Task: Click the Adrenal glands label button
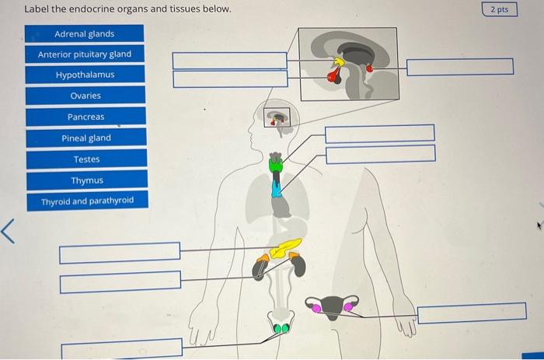pos(85,33)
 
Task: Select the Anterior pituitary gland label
pos(85,54)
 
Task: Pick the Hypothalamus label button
pos(85,75)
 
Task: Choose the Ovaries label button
pos(85,96)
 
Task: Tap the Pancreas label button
pos(85,117)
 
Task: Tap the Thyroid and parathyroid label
pos(86,201)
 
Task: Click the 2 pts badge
pos(500,9)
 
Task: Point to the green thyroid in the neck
pos(276,165)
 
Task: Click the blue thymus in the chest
pos(276,187)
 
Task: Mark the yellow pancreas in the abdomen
pos(287,247)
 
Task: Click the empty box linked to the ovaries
pos(466,314)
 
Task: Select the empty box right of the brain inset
pos(459,67)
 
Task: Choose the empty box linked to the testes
pos(121,346)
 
